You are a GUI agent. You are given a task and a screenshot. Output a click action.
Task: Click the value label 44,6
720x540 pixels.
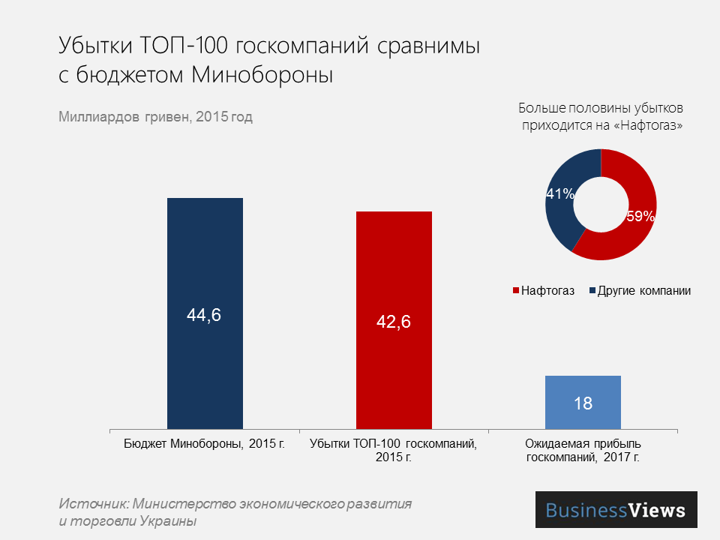204,316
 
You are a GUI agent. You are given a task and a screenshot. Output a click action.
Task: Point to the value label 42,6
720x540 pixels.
394,322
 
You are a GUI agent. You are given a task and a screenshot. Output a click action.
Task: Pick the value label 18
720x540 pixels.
583,403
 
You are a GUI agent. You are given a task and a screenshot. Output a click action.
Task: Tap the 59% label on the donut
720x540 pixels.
640,217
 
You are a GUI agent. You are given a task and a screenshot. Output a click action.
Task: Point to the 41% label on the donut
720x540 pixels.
560,194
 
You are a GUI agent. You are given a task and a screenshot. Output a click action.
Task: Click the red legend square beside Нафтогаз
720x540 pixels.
515,291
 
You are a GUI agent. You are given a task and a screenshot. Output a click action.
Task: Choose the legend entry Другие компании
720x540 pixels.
643,291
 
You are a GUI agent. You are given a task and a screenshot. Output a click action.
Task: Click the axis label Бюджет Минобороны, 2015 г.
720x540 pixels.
204,443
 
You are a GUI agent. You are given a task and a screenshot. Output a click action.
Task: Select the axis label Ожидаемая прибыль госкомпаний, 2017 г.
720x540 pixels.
583,450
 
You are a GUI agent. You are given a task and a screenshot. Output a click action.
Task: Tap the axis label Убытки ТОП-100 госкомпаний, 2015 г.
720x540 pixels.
394,450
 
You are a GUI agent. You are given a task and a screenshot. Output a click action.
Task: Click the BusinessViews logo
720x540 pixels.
616,510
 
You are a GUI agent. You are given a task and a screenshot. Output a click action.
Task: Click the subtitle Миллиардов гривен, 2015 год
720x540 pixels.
155,117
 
